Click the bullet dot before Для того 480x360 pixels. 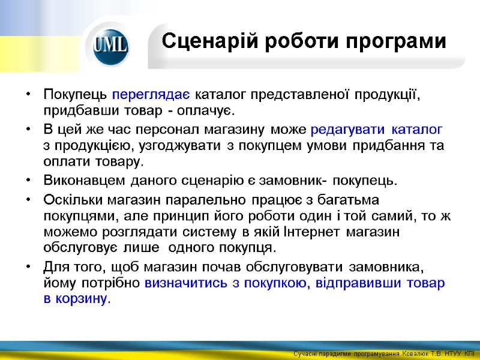tap(29, 266)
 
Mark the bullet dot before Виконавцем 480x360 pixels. tap(29, 181)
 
